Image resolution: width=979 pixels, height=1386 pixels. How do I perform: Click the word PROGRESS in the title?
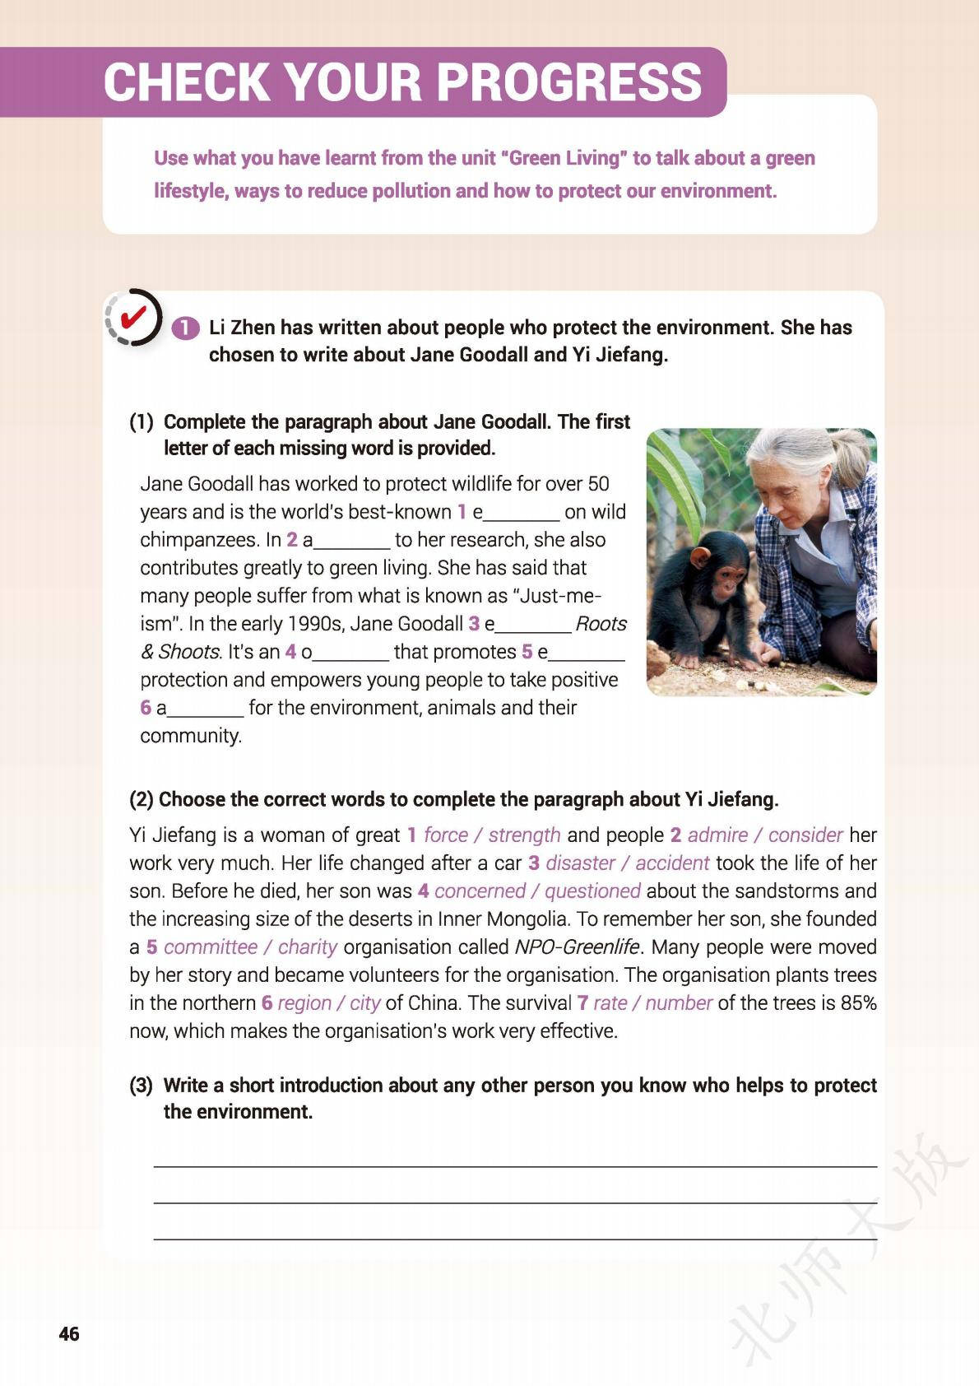568,81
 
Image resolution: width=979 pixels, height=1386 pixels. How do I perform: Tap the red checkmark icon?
133,317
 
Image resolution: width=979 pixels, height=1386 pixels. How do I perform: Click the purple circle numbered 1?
186,328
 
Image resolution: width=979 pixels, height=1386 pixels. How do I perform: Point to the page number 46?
69,1334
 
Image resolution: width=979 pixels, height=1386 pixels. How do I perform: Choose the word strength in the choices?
524,835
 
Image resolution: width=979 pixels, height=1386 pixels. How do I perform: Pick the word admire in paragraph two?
717,835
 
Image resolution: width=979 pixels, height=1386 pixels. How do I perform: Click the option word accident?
672,863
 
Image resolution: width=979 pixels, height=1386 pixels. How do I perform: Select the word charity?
308,947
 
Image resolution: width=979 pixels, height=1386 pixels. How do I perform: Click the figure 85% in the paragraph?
859,1003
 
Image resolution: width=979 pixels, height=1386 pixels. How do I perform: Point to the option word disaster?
580,863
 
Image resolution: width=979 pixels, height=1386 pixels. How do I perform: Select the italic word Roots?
601,624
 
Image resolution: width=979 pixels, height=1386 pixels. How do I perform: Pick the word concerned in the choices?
480,891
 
